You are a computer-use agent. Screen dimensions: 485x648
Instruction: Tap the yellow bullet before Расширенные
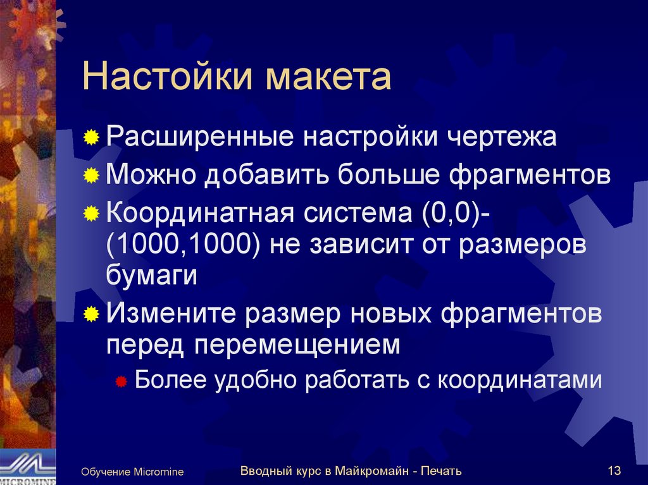click(92, 138)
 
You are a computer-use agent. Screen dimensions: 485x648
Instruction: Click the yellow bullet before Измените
click(92, 314)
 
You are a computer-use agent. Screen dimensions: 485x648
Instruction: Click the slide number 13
click(613, 470)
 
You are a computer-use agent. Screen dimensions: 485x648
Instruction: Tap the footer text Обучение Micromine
click(132, 472)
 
